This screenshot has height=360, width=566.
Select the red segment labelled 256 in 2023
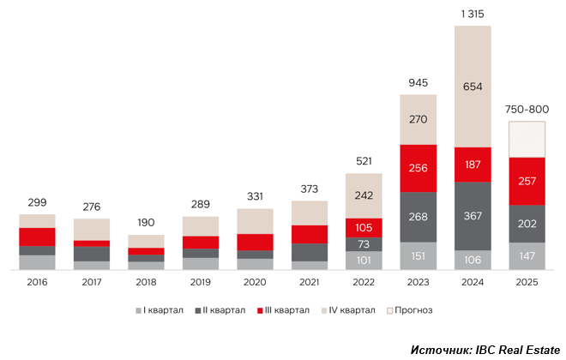pyautogui.click(x=418, y=168)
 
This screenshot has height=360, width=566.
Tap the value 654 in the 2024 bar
pyautogui.click(x=473, y=86)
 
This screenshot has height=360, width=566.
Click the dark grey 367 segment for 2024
pyautogui.click(x=473, y=215)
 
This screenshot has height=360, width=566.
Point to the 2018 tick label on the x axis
pyautogui.click(x=146, y=282)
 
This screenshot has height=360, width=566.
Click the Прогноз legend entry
pyautogui.click(x=410, y=309)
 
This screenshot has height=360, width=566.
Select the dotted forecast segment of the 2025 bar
pyautogui.click(x=527, y=139)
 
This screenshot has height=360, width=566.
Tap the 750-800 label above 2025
pyautogui.click(x=527, y=109)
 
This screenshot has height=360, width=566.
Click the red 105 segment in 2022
pyautogui.click(x=364, y=227)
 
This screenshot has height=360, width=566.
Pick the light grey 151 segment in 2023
pyautogui.click(x=418, y=255)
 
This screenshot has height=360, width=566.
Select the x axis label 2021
pyautogui.click(x=310, y=282)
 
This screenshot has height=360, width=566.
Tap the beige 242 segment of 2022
pyautogui.click(x=364, y=195)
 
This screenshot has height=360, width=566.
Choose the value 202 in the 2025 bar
pyautogui.click(x=527, y=224)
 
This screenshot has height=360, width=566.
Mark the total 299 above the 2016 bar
pyautogui.click(x=37, y=202)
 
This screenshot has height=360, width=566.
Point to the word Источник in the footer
pyautogui.click(x=438, y=350)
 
